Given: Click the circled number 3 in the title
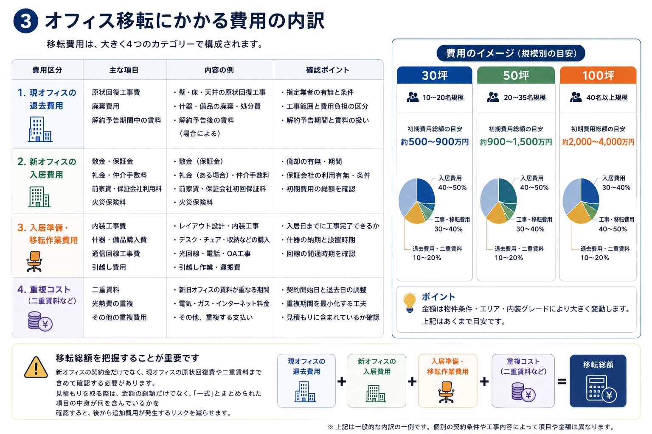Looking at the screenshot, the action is [x=25, y=21].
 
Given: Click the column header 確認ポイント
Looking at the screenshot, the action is [x=327, y=70].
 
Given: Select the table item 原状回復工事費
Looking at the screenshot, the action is [x=116, y=92].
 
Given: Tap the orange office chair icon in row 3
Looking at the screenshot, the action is [x=35, y=262].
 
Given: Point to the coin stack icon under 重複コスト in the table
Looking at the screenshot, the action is [x=40, y=321].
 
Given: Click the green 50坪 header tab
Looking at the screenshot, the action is [x=516, y=75].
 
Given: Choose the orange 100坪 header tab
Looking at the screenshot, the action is [x=598, y=75].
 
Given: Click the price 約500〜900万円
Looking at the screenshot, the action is [x=435, y=142].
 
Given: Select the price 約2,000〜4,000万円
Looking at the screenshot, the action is [x=598, y=142].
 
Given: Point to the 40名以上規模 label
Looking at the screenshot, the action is [x=607, y=97].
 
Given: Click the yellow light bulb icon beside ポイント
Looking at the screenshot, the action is [x=409, y=302].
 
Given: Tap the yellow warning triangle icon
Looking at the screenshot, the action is [x=36, y=367].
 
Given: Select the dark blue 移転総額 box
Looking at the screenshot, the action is [x=598, y=381].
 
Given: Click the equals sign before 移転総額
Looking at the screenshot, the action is [x=562, y=381].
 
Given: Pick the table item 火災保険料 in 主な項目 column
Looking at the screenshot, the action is [x=109, y=202].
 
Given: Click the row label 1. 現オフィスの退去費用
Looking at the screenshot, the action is [x=47, y=99].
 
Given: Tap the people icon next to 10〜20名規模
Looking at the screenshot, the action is [x=413, y=97].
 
